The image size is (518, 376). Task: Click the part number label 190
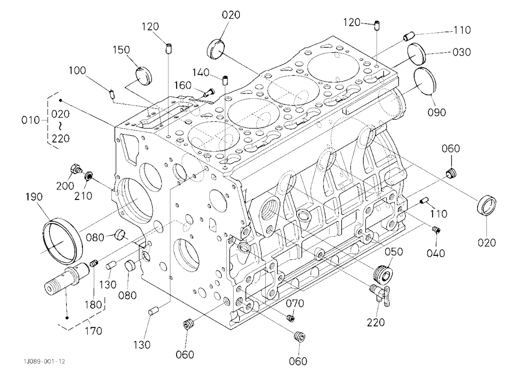pos(34,197)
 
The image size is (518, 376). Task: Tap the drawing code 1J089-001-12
pos(44,361)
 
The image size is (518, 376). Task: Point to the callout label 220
pos(376,322)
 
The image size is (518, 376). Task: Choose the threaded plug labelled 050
pos(383,273)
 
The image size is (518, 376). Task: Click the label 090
pos(437,112)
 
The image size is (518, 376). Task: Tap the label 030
pos(462,52)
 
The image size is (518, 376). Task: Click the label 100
pos(77,70)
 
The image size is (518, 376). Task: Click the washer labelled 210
pos(88,175)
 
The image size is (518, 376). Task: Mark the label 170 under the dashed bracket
pos(93,330)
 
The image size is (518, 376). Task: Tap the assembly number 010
pos(31,120)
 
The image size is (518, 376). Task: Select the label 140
pos(201,73)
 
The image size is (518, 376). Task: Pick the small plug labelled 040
pos(436,229)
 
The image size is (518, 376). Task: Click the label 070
pos(295,303)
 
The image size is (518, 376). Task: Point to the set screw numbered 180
pos(94,264)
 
